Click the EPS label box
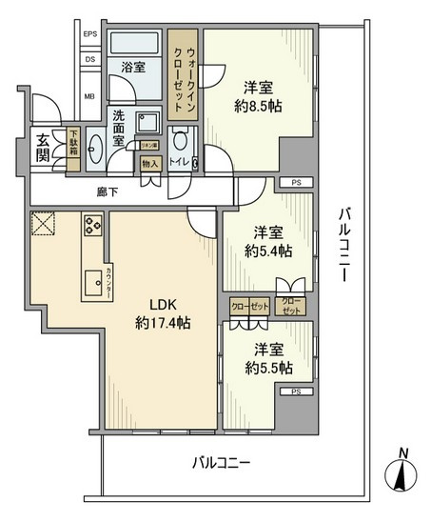click(90, 35)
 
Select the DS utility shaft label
click(90, 59)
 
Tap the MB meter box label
click(90, 95)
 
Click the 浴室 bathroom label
click(132, 67)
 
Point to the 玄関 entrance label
click(43, 145)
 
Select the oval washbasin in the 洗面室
click(95, 151)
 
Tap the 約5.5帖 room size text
click(267, 367)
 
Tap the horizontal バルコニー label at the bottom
click(221, 464)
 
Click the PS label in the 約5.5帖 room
click(296, 391)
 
